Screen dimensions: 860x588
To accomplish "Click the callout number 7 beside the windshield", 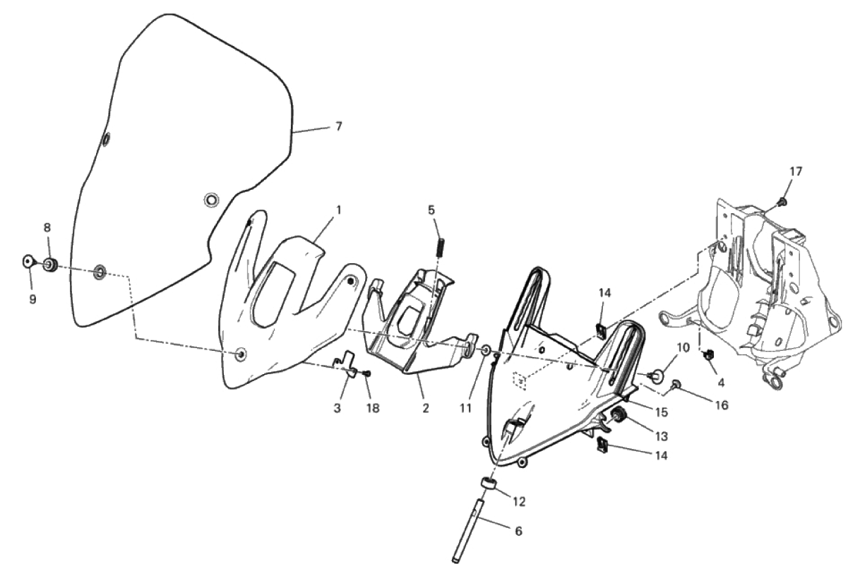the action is (x=338, y=126).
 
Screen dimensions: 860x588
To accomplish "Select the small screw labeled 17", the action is (x=782, y=201).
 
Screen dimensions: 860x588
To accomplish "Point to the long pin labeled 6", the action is (x=466, y=532).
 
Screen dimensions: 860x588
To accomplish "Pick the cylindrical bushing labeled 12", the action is (x=487, y=484).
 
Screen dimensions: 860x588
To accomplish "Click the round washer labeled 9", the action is (x=28, y=262).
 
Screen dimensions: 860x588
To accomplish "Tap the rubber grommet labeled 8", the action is (x=50, y=264).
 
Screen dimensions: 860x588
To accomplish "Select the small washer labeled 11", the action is (x=485, y=350).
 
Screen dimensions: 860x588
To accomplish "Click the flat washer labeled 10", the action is (x=655, y=376).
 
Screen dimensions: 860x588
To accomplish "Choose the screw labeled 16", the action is (x=675, y=384).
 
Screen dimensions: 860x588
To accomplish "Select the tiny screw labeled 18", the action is (x=366, y=373).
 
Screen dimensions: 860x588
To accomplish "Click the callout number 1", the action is (x=339, y=210).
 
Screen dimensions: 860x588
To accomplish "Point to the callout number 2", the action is (x=425, y=409).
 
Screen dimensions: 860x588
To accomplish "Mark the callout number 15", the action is (x=662, y=412).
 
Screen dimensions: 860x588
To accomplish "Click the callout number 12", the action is (x=519, y=502).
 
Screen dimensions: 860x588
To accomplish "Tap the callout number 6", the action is (x=518, y=532).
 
